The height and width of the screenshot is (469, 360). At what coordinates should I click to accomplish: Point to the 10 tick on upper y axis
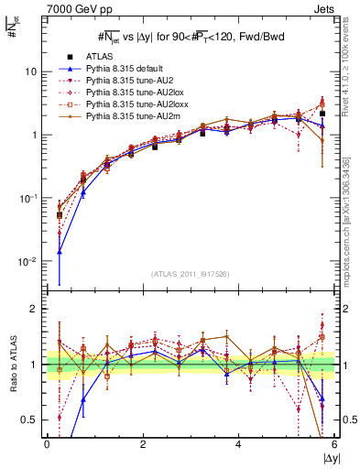click(x=30, y=71)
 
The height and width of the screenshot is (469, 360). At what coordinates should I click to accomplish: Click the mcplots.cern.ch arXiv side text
click(x=352, y=211)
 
